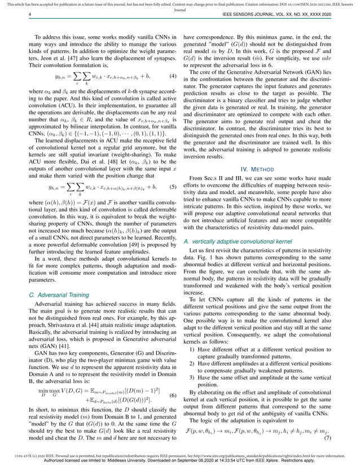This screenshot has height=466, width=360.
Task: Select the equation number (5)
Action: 172,185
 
